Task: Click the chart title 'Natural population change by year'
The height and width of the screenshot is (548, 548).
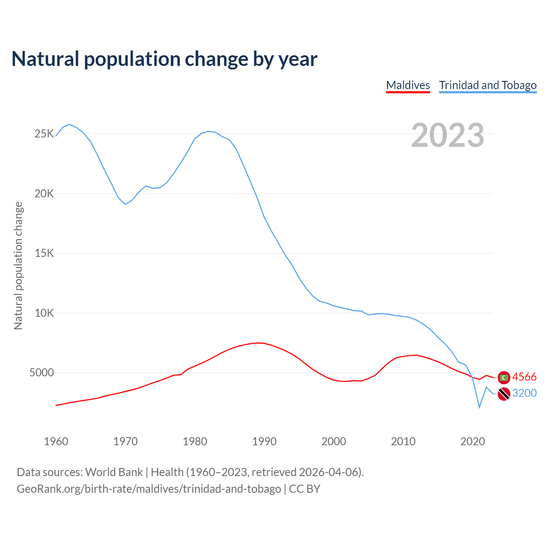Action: click(164, 59)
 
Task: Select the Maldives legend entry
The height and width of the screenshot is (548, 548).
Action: click(408, 85)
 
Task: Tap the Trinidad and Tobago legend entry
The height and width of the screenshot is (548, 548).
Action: click(488, 85)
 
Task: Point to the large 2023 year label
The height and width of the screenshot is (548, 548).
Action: click(447, 135)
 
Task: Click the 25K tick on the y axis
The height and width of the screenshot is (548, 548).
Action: click(44, 134)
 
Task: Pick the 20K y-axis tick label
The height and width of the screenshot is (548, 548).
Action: click(44, 194)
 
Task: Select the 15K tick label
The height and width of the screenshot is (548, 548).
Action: click(44, 253)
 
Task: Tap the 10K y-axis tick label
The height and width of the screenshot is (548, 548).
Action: click(44, 313)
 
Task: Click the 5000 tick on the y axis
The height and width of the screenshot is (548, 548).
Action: click(42, 372)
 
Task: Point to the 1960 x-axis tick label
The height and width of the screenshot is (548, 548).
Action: click(56, 441)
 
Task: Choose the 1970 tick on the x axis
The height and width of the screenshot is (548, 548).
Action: click(125, 441)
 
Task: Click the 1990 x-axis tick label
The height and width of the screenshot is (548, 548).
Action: click(264, 441)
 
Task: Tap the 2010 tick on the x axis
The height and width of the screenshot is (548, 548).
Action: click(403, 441)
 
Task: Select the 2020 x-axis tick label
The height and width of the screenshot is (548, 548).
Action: click(472, 441)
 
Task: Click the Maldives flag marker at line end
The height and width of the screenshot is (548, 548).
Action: click(504, 378)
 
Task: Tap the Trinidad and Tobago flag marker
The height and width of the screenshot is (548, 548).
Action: click(504, 393)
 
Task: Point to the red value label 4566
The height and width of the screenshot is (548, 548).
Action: click(524, 377)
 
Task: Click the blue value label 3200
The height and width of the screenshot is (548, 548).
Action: click(524, 393)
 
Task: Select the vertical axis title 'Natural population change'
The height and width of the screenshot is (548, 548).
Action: click(18, 265)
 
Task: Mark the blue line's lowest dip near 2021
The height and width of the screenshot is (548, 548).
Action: click(479, 407)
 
